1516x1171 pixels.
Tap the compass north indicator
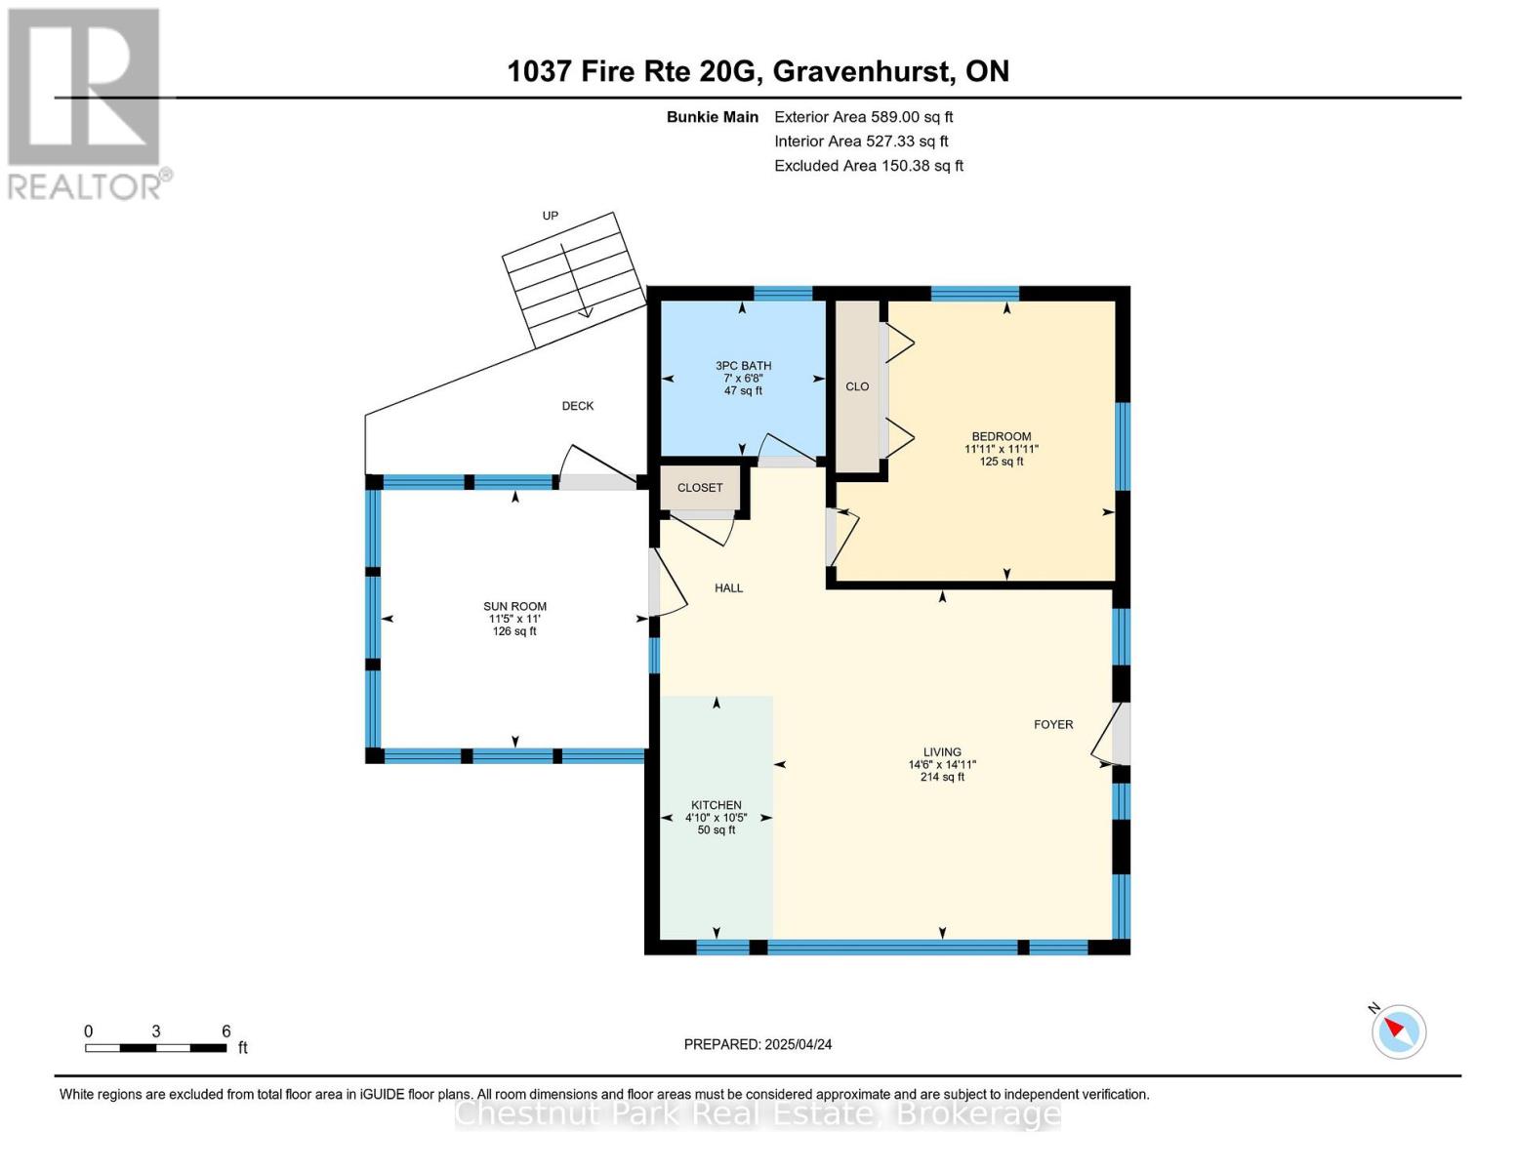pos(1398,1031)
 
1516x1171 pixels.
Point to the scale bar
pos(155,1047)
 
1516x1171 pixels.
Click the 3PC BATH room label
pos(743,366)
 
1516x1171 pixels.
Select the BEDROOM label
pos(1002,436)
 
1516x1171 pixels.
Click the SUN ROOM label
pos(514,607)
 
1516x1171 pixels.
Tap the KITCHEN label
pos(716,805)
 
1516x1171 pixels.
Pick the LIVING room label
pos(942,751)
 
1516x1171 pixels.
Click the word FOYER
pos(1053,725)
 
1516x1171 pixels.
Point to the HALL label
pos(728,588)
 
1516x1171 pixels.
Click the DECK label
pos(578,406)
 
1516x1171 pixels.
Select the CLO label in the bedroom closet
pos(857,386)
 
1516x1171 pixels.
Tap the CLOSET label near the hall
pos(700,488)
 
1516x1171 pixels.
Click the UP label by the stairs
pos(551,216)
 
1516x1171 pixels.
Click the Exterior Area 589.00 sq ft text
pos(864,117)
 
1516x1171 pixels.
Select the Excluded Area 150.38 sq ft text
pos(869,166)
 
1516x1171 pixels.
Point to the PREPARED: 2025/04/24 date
pos(758,1044)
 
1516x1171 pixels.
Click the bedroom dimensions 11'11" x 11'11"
pos(1002,449)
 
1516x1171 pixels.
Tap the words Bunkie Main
pos(713,117)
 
